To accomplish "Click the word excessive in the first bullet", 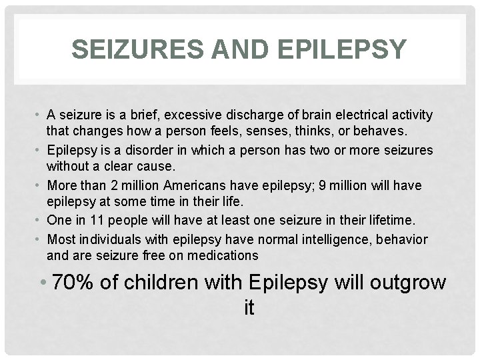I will coord(217,115).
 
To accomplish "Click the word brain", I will coord(315,115).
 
